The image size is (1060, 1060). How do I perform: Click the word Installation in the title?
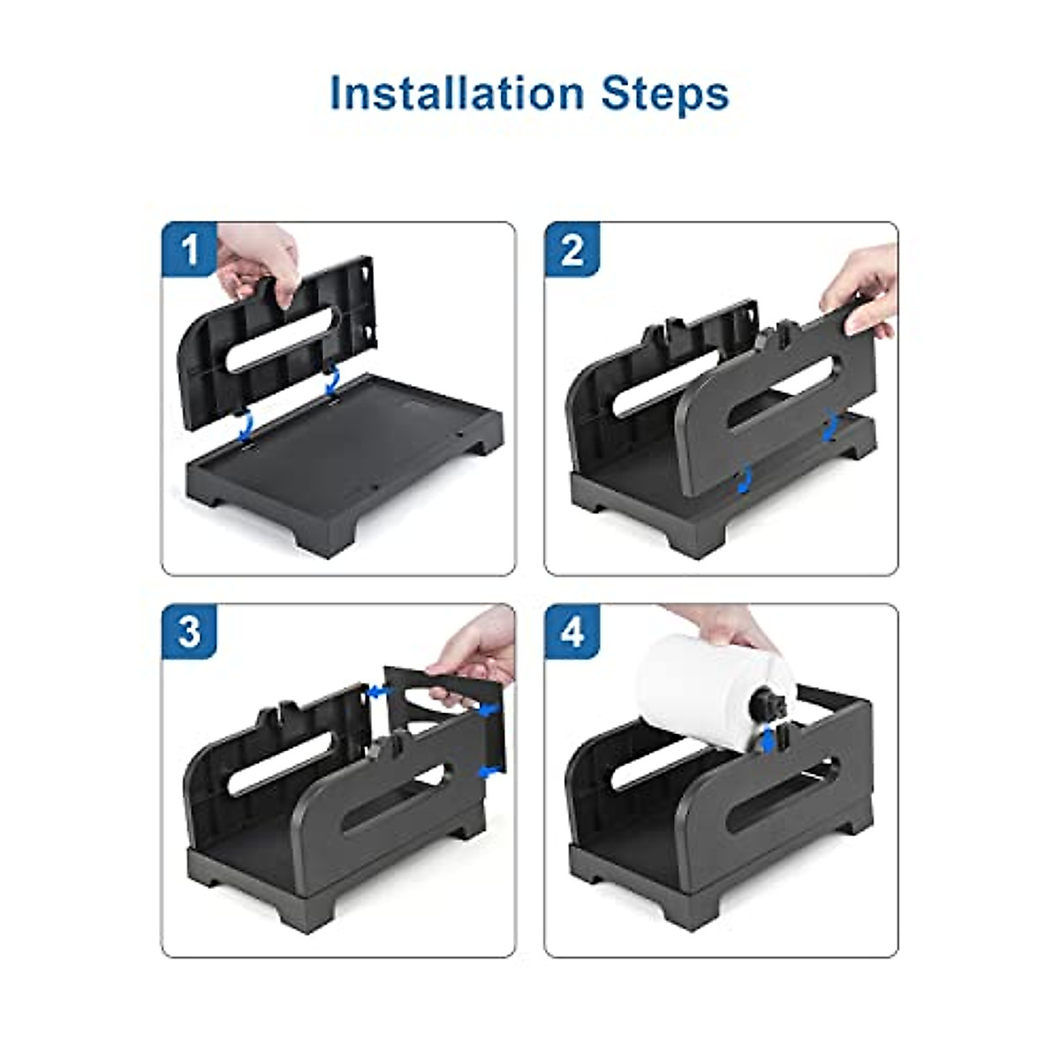click(457, 93)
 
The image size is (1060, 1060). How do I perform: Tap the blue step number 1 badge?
click(189, 249)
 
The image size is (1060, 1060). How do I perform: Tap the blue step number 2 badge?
click(572, 249)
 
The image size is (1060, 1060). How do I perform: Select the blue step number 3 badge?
click(189, 632)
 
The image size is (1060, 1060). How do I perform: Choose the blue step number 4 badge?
click(572, 632)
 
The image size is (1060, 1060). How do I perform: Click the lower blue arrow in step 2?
click(744, 479)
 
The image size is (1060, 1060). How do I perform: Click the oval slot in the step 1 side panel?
click(286, 341)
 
